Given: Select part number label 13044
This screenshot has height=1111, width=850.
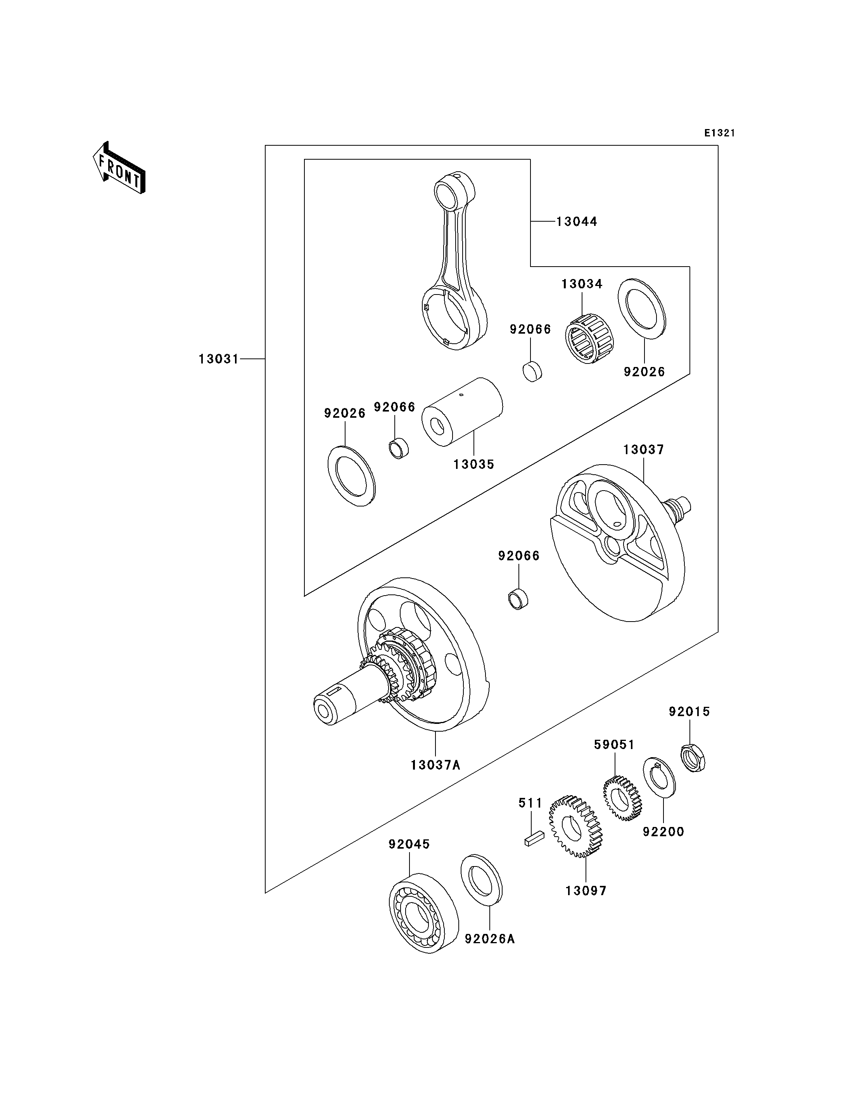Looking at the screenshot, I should click(577, 222).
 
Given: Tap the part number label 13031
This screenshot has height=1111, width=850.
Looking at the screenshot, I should click(219, 359).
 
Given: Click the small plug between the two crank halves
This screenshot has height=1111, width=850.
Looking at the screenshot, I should click(518, 599).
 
